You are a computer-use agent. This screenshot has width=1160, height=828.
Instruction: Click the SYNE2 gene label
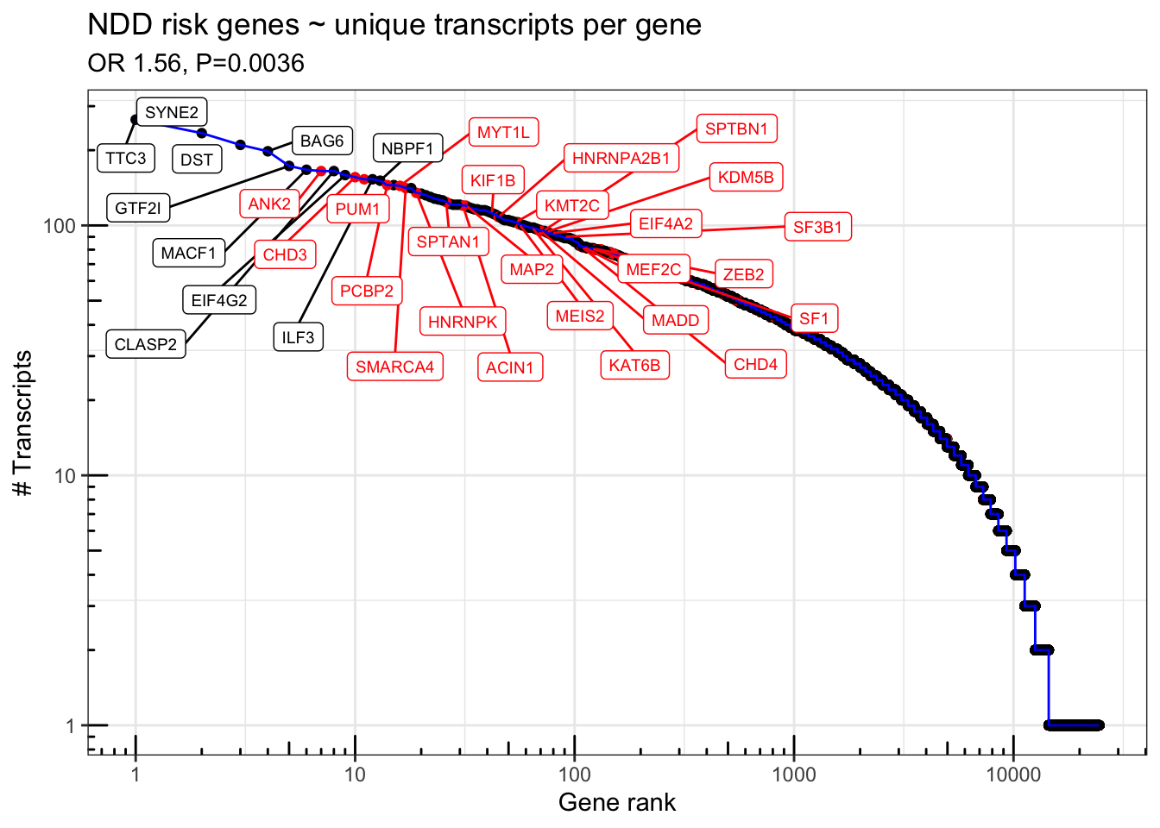tap(172, 112)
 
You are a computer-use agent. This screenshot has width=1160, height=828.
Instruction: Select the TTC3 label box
tap(126, 158)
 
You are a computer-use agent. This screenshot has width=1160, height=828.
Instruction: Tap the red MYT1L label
tap(503, 132)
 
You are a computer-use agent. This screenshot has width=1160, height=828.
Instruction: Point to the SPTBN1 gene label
tap(736, 129)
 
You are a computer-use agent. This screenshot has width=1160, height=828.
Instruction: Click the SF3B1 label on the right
tap(817, 227)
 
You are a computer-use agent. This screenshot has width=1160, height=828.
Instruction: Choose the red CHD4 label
tap(755, 364)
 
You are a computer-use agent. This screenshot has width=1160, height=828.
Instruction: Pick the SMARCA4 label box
tap(394, 367)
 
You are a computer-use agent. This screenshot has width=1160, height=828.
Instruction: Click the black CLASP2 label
tap(145, 344)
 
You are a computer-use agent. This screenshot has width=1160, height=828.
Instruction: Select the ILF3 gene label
tap(298, 336)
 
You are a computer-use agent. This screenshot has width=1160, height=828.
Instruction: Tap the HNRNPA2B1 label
tap(621, 158)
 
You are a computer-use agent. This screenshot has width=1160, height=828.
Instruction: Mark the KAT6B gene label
tap(634, 365)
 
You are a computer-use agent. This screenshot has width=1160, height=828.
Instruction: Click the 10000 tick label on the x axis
tap(1012, 774)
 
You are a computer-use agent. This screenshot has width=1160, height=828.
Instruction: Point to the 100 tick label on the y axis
tap(60, 226)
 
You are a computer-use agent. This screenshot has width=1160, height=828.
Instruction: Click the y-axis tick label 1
tap(70, 725)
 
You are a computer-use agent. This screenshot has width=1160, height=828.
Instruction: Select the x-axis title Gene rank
tap(616, 802)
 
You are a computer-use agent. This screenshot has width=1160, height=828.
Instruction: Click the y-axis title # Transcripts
tap(23, 423)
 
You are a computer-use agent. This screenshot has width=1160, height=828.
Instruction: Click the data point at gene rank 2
tap(202, 133)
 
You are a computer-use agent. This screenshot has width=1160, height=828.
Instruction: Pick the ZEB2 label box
tap(743, 274)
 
